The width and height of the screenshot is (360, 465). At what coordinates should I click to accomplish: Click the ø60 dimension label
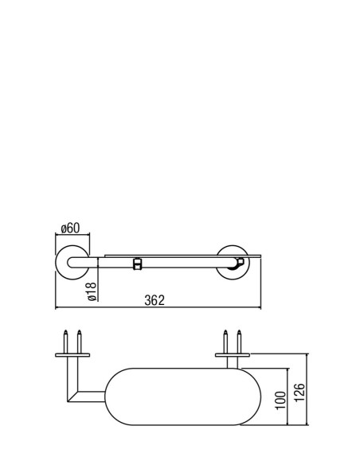click(x=70, y=229)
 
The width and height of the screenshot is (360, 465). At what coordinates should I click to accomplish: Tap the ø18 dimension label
click(x=92, y=291)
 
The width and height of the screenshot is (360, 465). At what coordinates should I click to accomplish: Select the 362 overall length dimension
click(x=155, y=300)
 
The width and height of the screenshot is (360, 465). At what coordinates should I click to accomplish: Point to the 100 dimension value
click(x=281, y=401)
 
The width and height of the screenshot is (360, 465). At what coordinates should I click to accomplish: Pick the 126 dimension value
click(x=299, y=393)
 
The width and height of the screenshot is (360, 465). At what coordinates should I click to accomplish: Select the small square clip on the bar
click(x=137, y=264)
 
